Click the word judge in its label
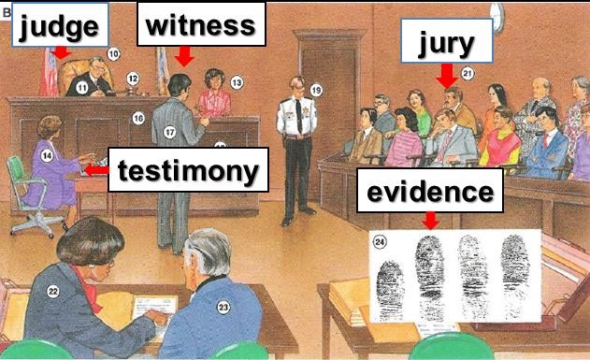[x=59, y=27]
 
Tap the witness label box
[x=201, y=24]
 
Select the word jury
[x=446, y=43]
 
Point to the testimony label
[x=188, y=169]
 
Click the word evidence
[x=430, y=191]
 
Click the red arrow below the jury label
[x=447, y=76]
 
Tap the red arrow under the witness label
[x=184, y=56]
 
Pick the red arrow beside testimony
[x=96, y=170]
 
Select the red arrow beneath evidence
[x=430, y=221]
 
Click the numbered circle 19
[x=316, y=91]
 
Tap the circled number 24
[x=380, y=241]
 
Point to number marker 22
[x=53, y=291]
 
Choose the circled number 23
[x=223, y=308]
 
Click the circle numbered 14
[x=47, y=155]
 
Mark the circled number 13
[x=237, y=82]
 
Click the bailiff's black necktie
[x=299, y=115]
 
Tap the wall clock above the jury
[x=497, y=18]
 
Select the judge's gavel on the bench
[x=130, y=91]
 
